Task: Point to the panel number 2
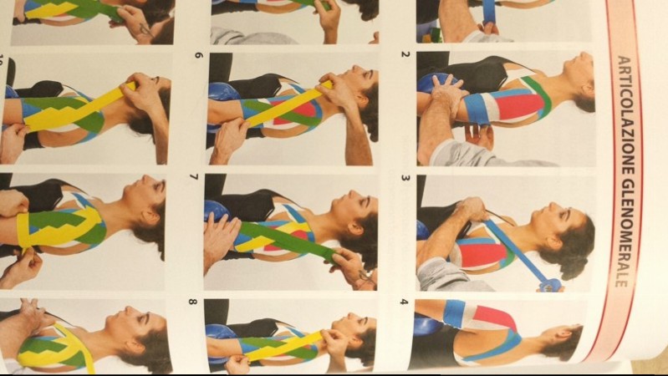coord(405,54)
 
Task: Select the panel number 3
coord(405,178)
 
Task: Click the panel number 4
coord(404,302)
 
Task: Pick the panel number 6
coord(198,55)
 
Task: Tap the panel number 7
coord(194,176)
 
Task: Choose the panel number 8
coord(192,302)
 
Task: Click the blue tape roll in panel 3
coord(551,285)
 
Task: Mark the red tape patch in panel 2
coord(519,107)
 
